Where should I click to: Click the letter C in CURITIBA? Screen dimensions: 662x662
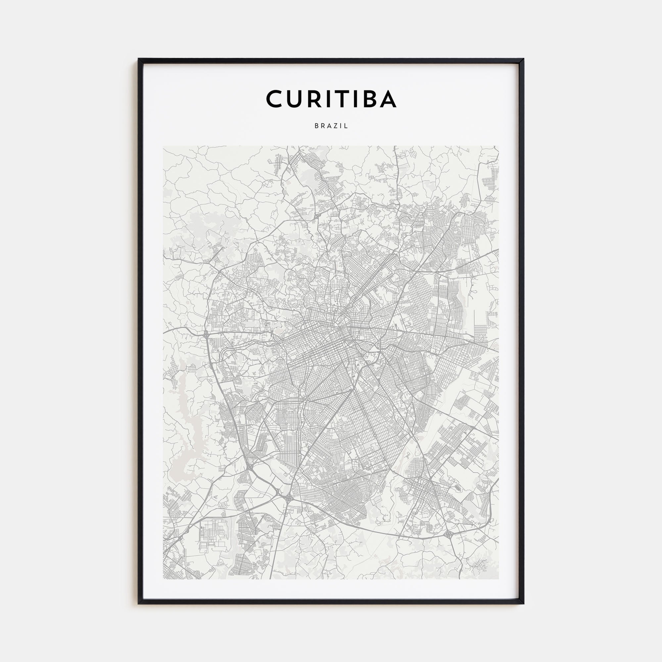click(275, 99)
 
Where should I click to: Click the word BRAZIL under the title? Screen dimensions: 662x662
click(331, 126)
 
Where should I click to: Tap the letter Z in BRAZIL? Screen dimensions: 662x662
click(336, 126)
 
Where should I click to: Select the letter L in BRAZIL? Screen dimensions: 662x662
click(347, 126)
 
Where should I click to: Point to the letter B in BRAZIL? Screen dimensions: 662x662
click(316, 126)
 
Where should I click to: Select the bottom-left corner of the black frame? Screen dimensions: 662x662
click(139, 603)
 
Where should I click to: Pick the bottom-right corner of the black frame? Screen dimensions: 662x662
click(523, 603)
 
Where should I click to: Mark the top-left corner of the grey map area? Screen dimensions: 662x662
click(164, 146)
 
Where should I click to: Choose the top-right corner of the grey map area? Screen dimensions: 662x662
click(498, 146)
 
